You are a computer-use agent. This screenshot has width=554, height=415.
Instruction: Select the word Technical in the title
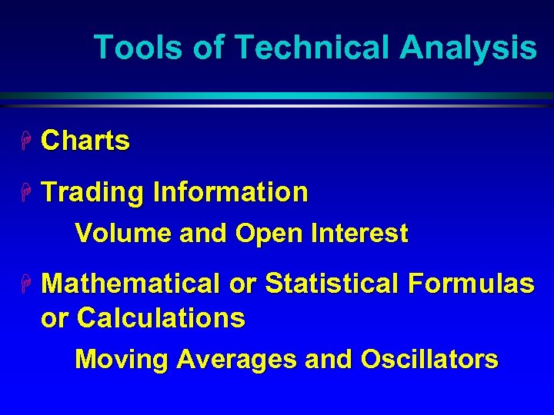click(313, 48)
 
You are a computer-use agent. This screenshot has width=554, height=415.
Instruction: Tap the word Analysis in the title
click(468, 48)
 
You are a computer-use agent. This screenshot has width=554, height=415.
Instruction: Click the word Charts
click(85, 141)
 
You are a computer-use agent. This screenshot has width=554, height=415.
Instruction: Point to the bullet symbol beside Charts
click(25, 141)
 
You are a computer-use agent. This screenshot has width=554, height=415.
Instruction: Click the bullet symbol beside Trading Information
click(25, 192)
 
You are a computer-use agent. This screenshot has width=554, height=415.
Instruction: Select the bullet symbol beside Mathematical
click(25, 284)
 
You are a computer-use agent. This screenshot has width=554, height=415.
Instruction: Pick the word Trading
click(92, 193)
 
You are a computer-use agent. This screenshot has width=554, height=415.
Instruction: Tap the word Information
click(231, 192)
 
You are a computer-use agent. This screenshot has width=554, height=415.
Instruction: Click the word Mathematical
click(131, 284)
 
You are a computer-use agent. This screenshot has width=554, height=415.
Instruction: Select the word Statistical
click(331, 284)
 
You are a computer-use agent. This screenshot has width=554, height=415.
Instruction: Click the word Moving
click(122, 360)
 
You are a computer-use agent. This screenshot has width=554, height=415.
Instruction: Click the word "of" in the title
click(209, 48)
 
